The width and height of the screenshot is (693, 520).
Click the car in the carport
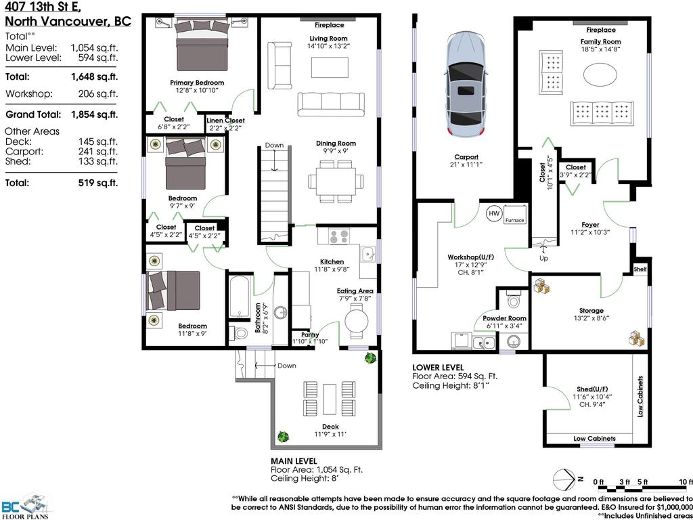click(466, 85)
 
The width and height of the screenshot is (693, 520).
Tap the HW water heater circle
click(493, 213)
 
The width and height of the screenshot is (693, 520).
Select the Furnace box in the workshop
click(514, 214)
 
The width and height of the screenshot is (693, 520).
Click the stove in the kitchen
click(339, 236)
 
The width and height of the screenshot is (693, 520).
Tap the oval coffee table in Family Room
click(600, 75)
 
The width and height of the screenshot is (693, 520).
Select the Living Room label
click(328, 39)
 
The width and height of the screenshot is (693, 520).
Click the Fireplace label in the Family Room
click(601, 30)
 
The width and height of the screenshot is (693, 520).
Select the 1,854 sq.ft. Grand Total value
click(95, 115)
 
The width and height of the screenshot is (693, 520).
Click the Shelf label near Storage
click(640, 269)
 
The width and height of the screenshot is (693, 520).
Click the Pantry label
click(310, 334)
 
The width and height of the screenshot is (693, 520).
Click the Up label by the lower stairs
click(543, 258)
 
